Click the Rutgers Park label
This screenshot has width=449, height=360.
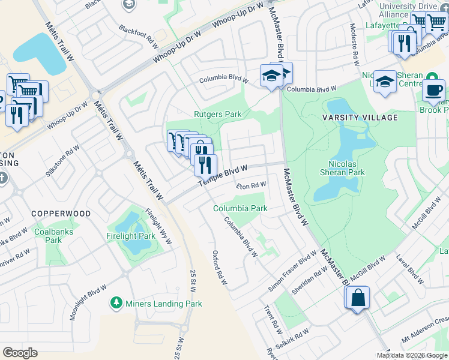[217, 114]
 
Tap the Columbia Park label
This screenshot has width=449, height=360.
[240, 208]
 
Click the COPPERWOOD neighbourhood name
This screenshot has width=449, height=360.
[61, 214]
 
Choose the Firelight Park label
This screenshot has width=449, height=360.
[130, 236]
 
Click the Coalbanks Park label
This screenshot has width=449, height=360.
[47, 236]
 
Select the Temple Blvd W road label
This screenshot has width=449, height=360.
[223, 175]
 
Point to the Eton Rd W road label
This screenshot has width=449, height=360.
[250, 186]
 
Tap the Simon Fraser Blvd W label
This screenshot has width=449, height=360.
[292, 272]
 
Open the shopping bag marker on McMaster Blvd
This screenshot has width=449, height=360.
[357, 298]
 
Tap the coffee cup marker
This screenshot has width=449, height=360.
[433, 90]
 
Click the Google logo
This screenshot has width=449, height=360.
[20, 353]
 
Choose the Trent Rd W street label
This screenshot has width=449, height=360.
[273, 319]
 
